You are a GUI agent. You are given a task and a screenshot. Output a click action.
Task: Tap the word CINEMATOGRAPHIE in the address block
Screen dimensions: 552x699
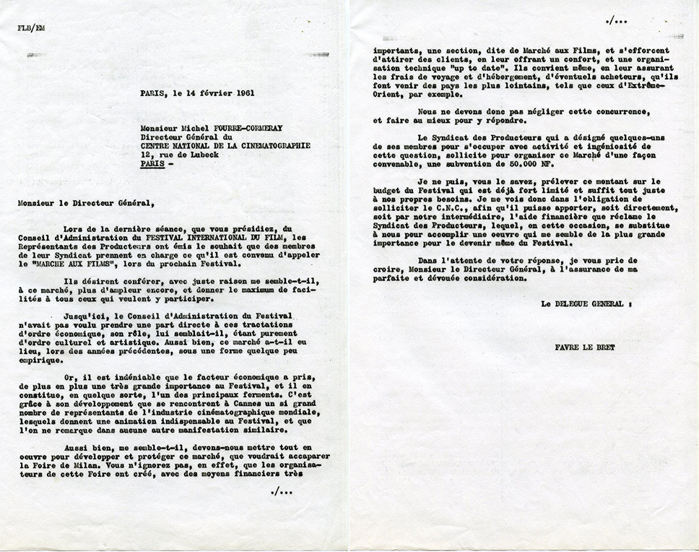click(x=272, y=145)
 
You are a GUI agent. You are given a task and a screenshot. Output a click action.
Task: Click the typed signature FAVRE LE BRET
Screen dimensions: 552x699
click(x=586, y=348)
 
